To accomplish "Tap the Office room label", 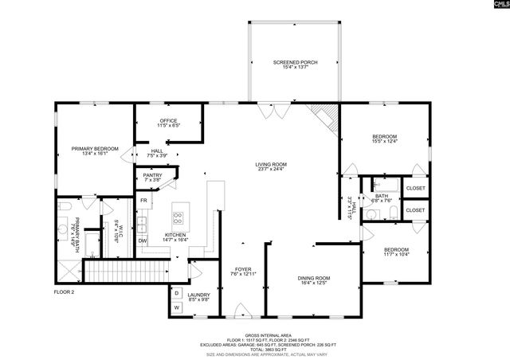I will [x=168, y=122].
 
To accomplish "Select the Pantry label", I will [x=152, y=176].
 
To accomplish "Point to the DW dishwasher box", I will [x=143, y=240].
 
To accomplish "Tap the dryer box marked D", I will [x=176, y=292].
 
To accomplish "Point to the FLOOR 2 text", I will [x=64, y=292].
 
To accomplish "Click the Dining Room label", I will [x=313, y=278].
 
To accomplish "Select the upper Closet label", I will [x=415, y=188].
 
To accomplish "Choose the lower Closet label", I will [x=415, y=209].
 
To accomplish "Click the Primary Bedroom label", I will [x=95, y=149].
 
